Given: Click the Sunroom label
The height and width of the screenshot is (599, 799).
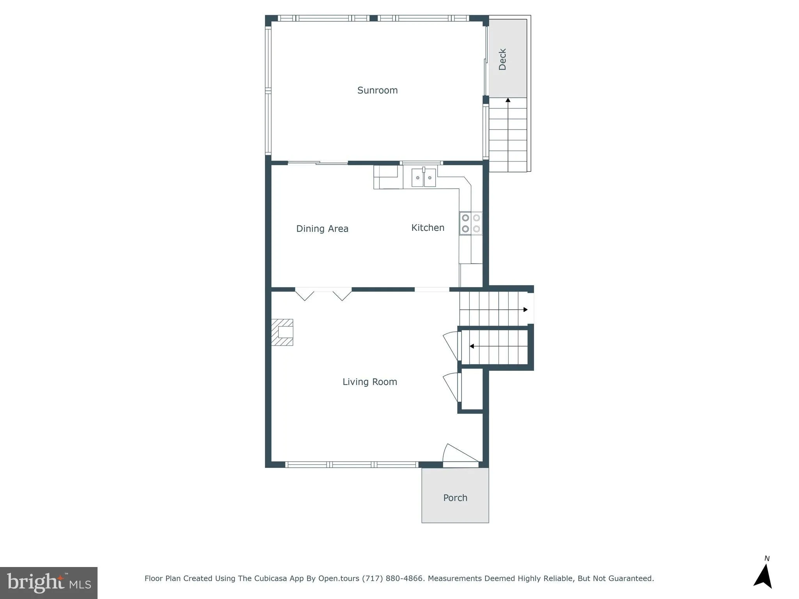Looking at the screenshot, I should coord(377,90).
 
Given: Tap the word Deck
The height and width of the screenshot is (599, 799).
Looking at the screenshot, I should coord(502,59).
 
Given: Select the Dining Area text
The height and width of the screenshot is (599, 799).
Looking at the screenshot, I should coord(322,229).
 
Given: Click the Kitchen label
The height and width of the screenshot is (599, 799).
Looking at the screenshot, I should coord(428,228).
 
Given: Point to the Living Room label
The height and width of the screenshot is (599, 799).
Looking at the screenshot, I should coord(369,382).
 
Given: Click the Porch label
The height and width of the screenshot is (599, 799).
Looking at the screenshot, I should coord(455,498).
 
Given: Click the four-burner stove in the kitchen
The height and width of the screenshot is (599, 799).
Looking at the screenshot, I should coord(471,223).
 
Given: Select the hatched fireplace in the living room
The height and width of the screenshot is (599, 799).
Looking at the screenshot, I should coord(282,332).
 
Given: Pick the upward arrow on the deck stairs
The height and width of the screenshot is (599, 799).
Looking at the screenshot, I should coord(508,100).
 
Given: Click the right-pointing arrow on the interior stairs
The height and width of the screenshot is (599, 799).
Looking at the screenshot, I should coord(525,310).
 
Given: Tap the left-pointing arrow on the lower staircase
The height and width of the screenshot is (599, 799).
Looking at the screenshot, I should coord(472,346).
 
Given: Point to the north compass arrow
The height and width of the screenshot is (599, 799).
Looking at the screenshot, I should coord(763,577).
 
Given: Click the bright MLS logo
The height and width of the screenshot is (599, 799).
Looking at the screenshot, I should coord(49,583).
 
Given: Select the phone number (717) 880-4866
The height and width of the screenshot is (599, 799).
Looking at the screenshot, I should coord(392,578).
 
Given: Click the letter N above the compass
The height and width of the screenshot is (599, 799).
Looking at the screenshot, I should coord(767,558).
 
